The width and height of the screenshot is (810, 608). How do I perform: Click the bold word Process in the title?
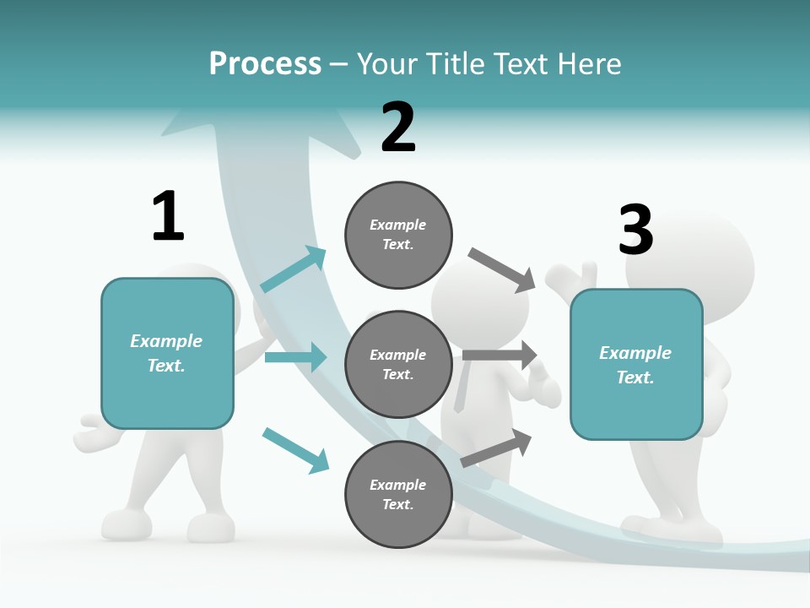[265, 63]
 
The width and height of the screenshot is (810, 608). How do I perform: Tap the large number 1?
[167, 216]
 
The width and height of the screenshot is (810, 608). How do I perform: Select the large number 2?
[398, 128]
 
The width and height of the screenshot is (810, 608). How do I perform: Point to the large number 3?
[636, 230]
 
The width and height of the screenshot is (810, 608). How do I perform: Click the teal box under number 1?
[167, 353]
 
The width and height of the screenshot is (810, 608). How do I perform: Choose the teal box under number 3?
[636, 365]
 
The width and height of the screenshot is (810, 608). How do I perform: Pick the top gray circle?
[398, 235]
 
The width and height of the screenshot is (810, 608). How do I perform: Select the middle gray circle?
[398, 365]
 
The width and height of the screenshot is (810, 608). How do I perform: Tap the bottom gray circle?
[398, 495]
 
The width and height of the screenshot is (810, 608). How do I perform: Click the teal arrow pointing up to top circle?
[294, 270]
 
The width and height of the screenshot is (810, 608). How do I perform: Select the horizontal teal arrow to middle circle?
[295, 357]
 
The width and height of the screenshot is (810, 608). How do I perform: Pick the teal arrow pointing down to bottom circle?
[295, 449]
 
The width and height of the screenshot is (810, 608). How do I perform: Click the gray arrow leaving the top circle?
[502, 270]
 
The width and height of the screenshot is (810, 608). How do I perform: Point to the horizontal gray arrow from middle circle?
[499, 356]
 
